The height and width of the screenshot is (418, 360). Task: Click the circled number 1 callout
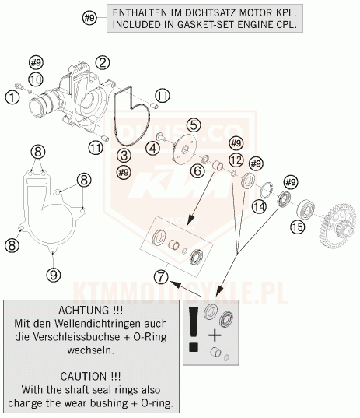[x=12, y=97]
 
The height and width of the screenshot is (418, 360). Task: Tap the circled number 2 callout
[x=103, y=63]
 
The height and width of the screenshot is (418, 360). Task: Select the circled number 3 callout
[x=124, y=155]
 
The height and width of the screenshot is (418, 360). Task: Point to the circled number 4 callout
[x=153, y=148]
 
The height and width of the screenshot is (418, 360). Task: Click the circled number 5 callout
[x=194, y=125]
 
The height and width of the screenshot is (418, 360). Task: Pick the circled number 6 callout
[x=197, y=170]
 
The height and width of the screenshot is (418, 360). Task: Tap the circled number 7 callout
[x=162, y=276]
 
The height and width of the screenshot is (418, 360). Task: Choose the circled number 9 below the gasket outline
[x=54, y=274]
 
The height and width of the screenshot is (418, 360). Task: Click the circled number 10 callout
[x=36, y=79]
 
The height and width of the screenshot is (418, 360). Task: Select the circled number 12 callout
[x=236, y=160]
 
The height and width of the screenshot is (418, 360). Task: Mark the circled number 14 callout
[x=260, y=206]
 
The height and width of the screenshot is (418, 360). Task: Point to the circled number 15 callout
[x=298, y=227]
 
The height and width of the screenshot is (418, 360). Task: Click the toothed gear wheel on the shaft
[x=338, y=225]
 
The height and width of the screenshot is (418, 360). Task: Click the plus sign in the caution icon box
[x=215, y=335]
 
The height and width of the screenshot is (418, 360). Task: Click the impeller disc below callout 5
[x=184, y=150]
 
